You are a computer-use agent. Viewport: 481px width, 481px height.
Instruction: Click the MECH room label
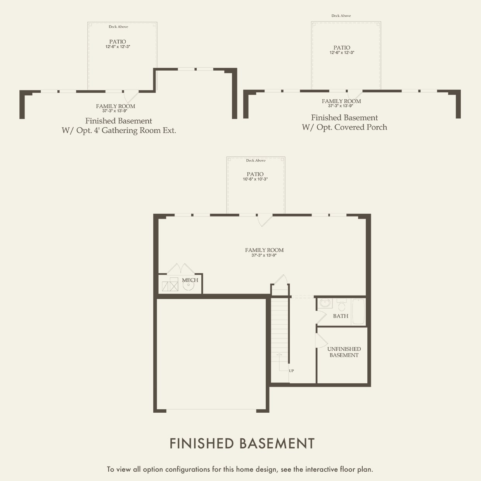(x=190, y=280)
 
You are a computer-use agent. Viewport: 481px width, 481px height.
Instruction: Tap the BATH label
(x=341, y=316)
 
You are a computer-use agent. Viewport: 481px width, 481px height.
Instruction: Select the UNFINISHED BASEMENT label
(x=344, y=352)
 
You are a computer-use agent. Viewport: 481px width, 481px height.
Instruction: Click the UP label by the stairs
(x=291, y=371)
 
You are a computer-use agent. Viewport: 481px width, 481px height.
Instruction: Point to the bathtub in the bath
(x=358, y=311)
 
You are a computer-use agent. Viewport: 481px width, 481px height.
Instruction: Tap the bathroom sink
(x=325, y=303)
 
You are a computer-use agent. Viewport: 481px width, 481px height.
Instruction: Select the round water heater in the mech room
(x=189, y=285)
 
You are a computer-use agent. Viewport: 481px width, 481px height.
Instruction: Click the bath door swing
(x=321, y=317)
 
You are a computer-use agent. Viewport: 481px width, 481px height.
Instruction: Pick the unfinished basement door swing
(x=321, y=341)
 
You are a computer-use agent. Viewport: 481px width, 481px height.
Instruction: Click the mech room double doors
(x=180, y=269)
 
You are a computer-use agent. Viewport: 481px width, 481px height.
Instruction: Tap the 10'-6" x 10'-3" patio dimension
(x=255, y=179)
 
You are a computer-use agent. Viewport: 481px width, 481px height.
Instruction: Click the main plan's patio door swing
(x=265, y=220)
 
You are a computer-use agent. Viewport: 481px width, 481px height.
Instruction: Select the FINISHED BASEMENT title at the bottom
(x=242, y=443)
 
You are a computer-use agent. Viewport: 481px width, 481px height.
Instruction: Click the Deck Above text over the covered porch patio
(x=341, y=16)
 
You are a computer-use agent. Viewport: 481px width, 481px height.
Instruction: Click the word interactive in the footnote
(x=322, y=469)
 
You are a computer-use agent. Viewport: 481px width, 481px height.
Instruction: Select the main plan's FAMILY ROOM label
(x=264, y=250)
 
